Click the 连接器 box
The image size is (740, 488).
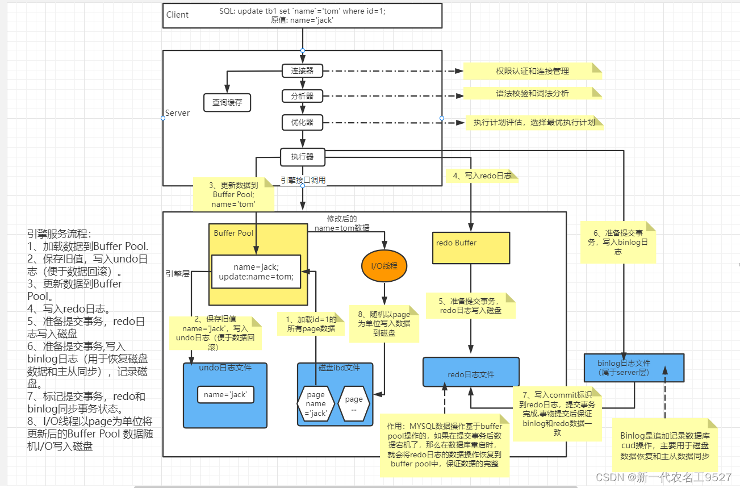click(x=302, y=71)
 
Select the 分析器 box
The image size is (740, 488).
click(x=302, y=96)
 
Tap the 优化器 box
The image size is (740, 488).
click(x=302, y=122)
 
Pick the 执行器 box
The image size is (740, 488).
click(x=302, y=156)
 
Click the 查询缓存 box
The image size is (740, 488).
click(x=227, y=103)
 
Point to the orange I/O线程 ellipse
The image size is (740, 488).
click(x=384, y=265)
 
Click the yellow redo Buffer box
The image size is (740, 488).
click(x=471, y=248)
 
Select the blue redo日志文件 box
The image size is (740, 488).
click(x=471, y=372)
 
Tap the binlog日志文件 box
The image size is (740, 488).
click(x=634, y=368)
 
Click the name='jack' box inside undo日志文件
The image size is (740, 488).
click(x=225, y=394)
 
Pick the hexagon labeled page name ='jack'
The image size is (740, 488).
click(x=315, y=403)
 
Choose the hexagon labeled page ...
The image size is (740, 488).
click(x=354, y=403)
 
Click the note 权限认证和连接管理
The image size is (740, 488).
click(x=532, y=71)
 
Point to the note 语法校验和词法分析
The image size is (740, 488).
click(x=532, y=93)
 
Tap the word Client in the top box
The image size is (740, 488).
click(x=177, y=15)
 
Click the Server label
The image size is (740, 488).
click(x=177, y=113)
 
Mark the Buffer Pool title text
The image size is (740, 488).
click(x=233, y=233)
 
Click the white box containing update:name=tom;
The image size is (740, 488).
click(x=256, y=272)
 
